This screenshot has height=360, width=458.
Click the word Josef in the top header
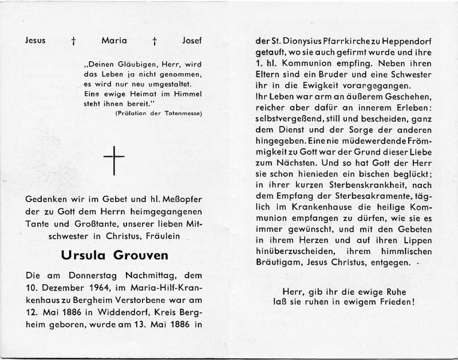192,41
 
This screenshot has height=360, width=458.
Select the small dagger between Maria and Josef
154,41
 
